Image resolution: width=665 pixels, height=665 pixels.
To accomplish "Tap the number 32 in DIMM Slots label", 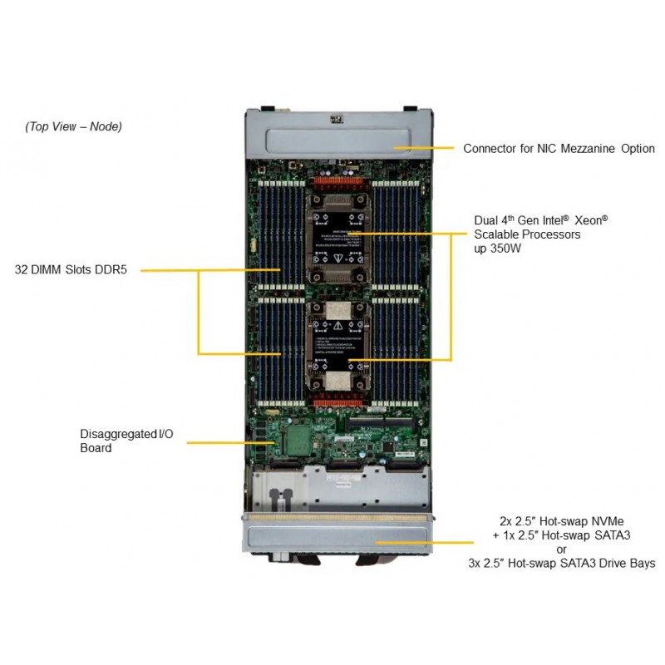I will pos(22,269).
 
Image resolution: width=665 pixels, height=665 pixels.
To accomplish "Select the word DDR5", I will pos(110,269).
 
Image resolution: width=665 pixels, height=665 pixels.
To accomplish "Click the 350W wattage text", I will pos(506,249).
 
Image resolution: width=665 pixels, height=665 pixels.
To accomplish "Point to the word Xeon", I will pos(590,221).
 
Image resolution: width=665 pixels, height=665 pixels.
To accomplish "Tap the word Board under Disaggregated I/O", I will pos(96,448).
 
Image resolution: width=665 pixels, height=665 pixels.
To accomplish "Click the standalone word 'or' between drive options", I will pos(561,549).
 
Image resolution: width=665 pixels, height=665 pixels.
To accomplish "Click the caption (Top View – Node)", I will pos(73,126).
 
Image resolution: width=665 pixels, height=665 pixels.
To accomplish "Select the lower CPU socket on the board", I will pos(337,349).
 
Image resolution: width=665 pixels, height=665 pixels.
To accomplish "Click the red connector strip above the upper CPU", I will pos(337,181).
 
